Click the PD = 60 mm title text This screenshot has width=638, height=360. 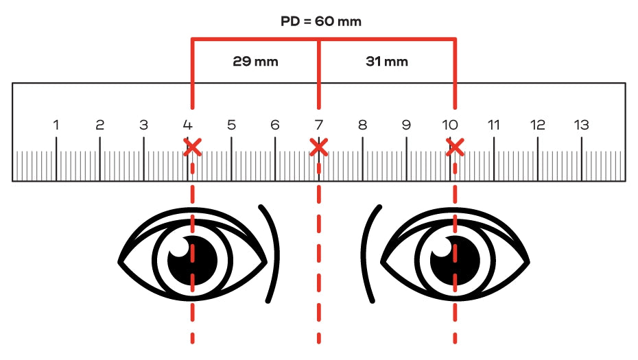320,21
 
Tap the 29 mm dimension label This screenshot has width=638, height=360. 255,62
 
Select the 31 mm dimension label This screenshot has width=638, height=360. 386,62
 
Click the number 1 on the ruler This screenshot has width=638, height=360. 56,125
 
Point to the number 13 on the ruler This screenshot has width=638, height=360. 582,125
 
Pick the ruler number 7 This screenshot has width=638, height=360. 318,125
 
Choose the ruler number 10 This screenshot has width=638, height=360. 450,125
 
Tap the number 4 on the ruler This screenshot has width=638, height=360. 187,125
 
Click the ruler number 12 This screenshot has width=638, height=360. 538,125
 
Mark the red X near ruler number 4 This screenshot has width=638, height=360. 193,147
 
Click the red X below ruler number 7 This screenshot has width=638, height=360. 318,147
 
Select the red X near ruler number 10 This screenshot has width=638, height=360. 455,147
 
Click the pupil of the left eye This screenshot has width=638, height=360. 193,261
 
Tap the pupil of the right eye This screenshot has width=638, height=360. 455,261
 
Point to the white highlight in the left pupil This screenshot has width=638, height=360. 180,248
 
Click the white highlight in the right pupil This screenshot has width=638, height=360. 442,248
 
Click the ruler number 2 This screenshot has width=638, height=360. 99,125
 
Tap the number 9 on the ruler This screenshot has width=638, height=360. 406,125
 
